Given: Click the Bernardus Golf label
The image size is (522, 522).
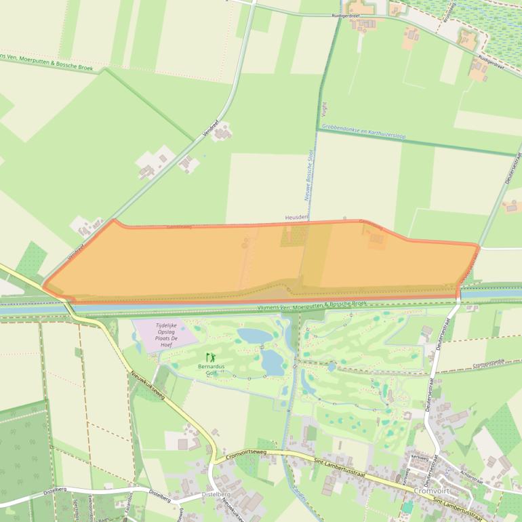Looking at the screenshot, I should coord(211,370).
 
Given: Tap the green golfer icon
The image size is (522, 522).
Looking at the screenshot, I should coord(210,357).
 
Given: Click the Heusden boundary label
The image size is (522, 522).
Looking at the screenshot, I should coord(297,217).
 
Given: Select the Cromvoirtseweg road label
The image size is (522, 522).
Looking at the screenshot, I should coord(252,459).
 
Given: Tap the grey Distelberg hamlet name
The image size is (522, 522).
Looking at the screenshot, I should coord(216,496).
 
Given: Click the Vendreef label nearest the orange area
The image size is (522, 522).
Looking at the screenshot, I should coord(75,253).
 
